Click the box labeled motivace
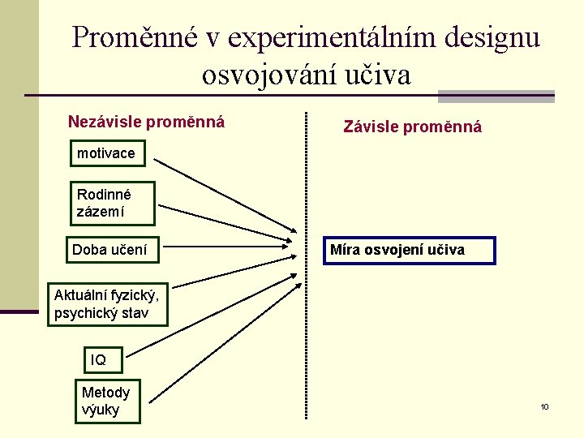(106, 152)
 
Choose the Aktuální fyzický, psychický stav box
(107, 303)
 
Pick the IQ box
(104, 359)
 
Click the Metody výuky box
(107, 401)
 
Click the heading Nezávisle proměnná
(146, 122)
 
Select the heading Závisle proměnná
(412, 127)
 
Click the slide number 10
(544, 406)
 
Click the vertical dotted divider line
(306, 324)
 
